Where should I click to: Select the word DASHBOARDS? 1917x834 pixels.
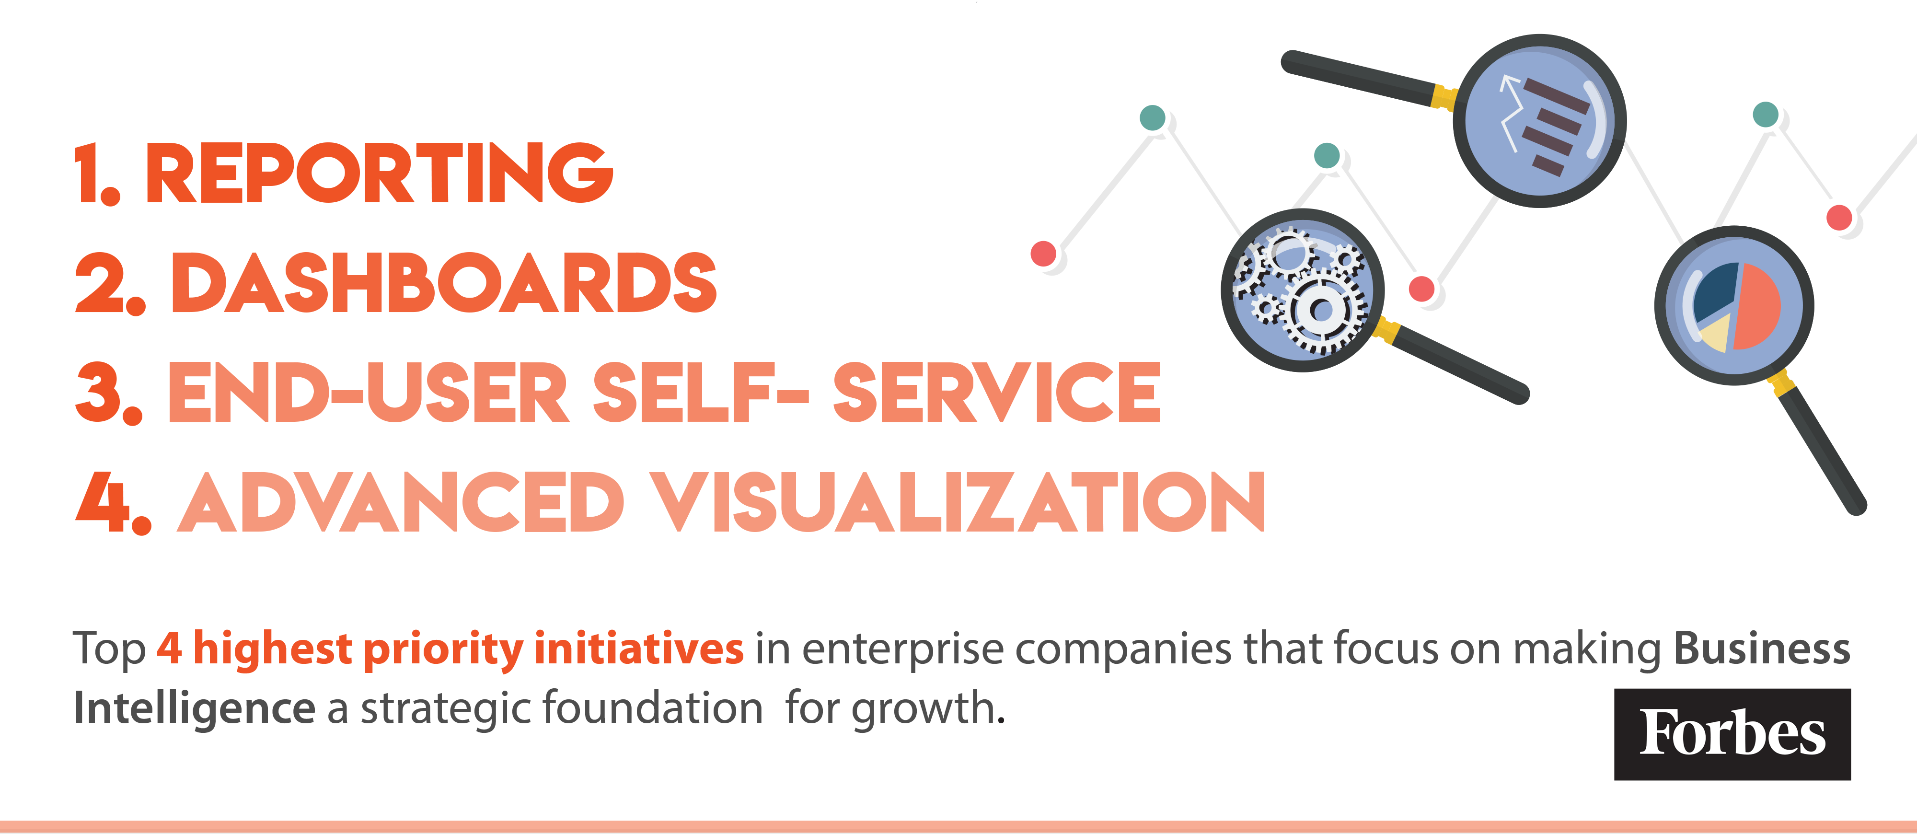click(443, 283)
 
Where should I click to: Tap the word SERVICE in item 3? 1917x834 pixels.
click(996, 392)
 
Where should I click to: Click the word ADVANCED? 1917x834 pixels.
click(400, 502)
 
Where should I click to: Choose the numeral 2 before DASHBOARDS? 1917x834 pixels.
click(101, 283)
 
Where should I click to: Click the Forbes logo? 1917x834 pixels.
click(1732, 734)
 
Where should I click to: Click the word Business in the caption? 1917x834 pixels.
click(1761, 649)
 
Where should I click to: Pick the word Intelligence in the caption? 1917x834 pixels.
click(194, 708)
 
